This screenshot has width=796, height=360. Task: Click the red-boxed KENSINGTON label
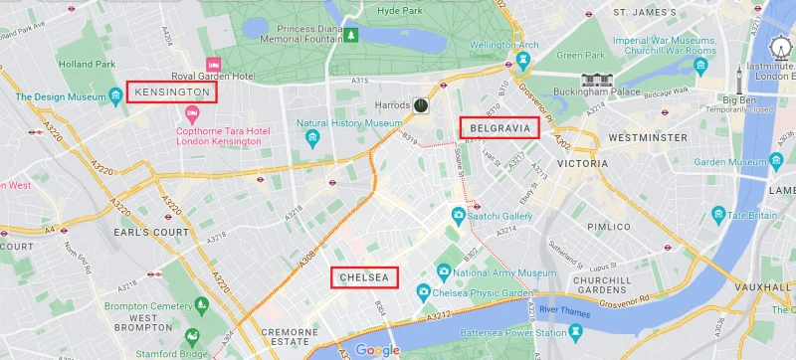click(172, 92)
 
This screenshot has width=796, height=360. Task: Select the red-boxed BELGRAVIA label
click(498, 127)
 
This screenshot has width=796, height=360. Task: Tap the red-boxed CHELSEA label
click(364, 277)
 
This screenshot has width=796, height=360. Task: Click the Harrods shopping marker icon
click(422, 104)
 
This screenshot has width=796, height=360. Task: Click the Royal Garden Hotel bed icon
click(212, 65)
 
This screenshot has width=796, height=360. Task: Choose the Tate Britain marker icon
click(718, 215)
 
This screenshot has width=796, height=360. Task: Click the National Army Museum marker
click(444, 271)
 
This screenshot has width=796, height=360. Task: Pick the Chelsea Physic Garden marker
click(423, 291)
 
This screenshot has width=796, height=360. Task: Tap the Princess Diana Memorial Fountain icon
click(350, 37)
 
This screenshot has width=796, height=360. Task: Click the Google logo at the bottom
click(377, 349)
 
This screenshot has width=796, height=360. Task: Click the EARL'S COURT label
click(149, 232)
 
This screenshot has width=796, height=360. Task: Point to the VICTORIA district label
click(582, 162)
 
